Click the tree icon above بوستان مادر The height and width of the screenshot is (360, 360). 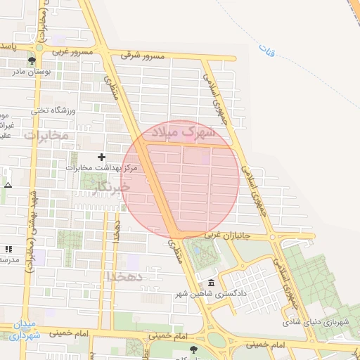click(x=31, y=60)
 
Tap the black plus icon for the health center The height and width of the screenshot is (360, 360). click(x=102, y=157)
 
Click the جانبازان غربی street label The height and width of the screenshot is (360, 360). click(x=232, y=236)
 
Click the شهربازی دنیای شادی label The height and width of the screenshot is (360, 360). click(x=316, y=322)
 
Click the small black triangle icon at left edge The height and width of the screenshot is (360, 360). click(x=8, y=185)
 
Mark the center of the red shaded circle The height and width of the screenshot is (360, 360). click(x=181, y=179)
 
